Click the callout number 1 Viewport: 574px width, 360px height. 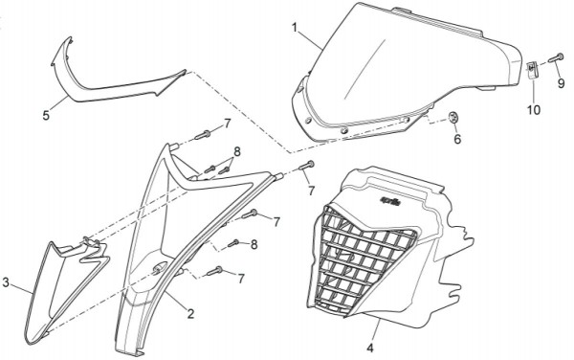point(295,27)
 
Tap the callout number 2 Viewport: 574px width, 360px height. point(190,313)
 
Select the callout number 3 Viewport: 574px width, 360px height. point(6,282)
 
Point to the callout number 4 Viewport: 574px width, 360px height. point(370,348)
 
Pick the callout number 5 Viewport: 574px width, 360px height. point(46,116)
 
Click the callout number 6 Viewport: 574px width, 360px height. point(457,139)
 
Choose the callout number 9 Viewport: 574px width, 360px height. point(562,84)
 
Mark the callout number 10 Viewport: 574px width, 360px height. point(534,109)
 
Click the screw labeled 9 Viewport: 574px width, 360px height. point(556,57)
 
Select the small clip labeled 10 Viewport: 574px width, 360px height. point(533,70)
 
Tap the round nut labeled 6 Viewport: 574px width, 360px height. point(454,118)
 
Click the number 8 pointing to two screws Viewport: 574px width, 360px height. point(237,151)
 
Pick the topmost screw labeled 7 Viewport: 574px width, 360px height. point(203,135)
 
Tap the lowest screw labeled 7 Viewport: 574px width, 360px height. point(215,271)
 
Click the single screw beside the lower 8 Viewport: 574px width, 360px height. point(233,243)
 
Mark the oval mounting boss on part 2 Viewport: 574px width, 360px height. point(160,268)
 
